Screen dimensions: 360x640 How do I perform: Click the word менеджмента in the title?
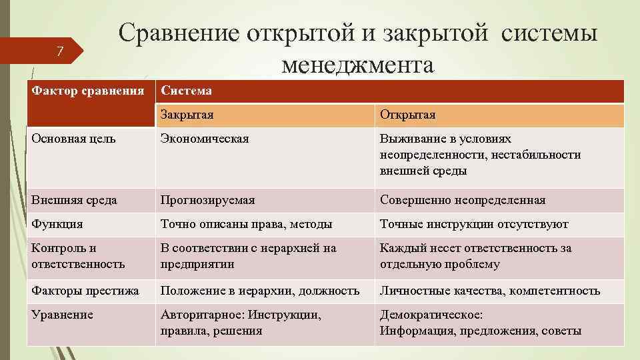357,65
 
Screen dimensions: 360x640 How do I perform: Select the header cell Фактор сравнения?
88,90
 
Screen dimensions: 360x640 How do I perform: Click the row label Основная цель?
73,139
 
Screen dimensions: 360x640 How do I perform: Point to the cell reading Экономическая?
204,139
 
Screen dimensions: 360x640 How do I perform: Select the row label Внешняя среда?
73,199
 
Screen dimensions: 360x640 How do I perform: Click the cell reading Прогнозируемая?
207,199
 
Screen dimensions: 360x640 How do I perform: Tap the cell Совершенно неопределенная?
462,199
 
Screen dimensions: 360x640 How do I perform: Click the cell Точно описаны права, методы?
246,224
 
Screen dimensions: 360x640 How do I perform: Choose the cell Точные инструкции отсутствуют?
474,224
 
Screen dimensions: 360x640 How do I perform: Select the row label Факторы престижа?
85,290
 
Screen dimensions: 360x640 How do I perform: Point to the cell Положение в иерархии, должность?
260,290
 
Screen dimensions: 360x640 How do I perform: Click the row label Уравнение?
62,315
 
